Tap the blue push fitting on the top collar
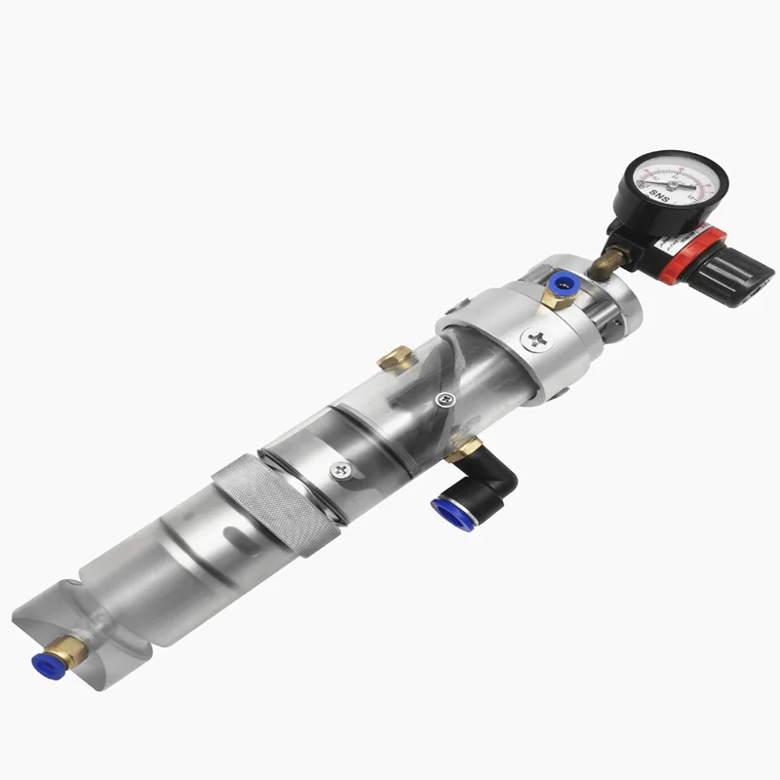tap(561, 286)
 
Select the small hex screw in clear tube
tap(445, 398)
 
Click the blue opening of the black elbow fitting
tap(448, 508)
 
